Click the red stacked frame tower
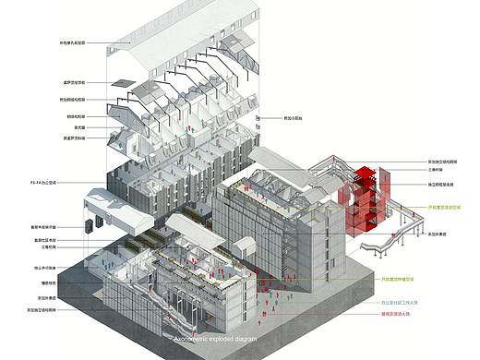(359, 198)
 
